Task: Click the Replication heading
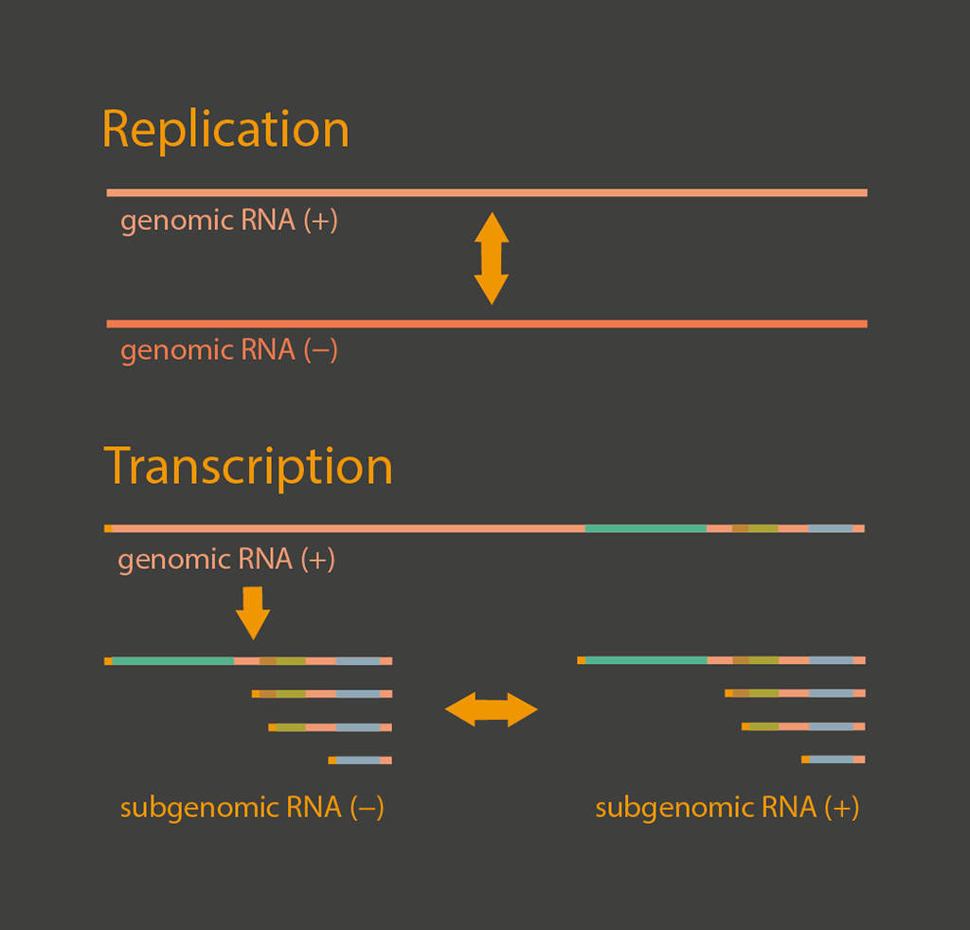pos(225,129)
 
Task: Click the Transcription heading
pos(248,466)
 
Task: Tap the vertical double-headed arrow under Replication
pos(492,259)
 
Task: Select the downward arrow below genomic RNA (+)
pos(253,613)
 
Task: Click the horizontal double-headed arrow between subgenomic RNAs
pos(492,710)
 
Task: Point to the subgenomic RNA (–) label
pos(252,808)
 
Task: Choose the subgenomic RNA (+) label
pos(727,808)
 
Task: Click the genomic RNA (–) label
pos(229,350)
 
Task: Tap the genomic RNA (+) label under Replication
pos(229,220)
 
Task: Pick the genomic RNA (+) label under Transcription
pos(226,559)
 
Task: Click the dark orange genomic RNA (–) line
pos(487,324)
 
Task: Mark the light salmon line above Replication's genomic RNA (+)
pos(487,193)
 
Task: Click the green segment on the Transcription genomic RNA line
pos(646,528)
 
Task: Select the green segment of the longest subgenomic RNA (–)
pos(173,661)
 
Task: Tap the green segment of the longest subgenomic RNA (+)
pos(646,660)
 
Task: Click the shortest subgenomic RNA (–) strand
pos(360,760)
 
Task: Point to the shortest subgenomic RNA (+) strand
pos(834,760)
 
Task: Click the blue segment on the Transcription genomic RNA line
pos(831,528)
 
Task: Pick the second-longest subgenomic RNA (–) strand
pos(322,694)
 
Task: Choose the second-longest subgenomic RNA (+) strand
pos(796,693)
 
